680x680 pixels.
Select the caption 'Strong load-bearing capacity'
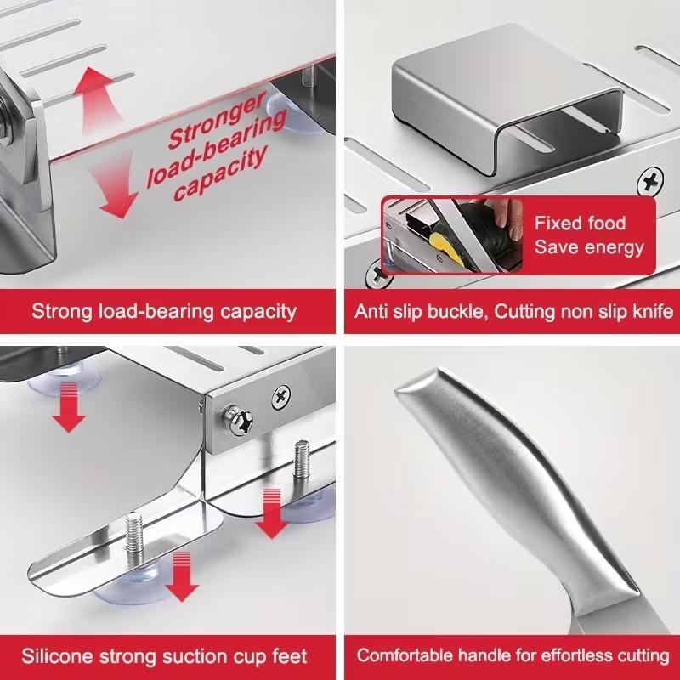pos(164,310)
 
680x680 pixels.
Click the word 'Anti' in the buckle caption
pos(373,311)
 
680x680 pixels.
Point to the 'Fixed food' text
pos(580,224)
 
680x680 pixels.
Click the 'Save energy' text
pos(588,248)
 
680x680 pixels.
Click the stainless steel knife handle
pos(518,493)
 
